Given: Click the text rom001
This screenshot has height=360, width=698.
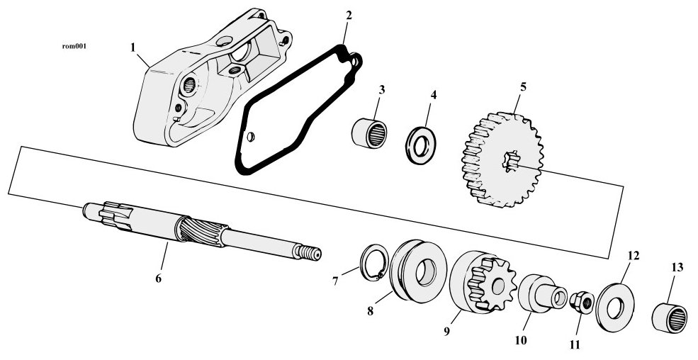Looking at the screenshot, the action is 74,46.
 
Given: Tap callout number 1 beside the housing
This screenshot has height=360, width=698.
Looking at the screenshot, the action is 133,47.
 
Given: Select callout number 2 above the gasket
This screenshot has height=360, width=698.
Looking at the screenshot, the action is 349,16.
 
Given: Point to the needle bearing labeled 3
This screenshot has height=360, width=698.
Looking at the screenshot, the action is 369,133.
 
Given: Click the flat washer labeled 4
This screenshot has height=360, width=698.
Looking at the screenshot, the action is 420,145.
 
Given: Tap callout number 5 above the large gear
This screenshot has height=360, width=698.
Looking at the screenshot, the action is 523,86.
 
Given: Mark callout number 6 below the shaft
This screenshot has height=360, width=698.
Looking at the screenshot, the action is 159,279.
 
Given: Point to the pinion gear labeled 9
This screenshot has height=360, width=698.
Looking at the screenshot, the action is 483,282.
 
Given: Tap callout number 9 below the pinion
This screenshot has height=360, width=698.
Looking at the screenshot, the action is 447,331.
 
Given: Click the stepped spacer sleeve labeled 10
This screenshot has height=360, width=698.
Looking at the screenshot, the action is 543,293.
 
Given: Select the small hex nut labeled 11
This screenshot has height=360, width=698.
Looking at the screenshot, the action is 582,302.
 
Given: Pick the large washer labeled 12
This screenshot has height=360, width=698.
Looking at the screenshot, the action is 616,308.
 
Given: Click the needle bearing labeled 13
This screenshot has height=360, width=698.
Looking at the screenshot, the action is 670,317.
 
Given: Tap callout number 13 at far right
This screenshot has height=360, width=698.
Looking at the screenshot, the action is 677,267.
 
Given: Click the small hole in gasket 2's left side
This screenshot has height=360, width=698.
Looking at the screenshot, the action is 250,137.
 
